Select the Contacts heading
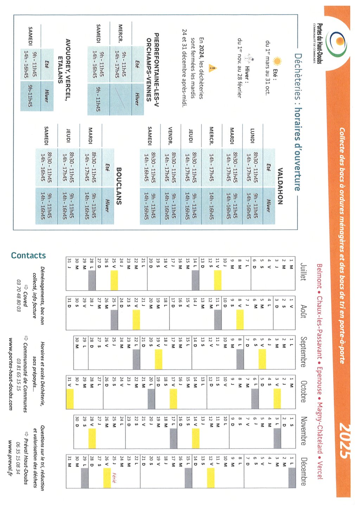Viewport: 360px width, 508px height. coord(28,255)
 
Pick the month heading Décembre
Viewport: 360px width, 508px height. coord(303,471)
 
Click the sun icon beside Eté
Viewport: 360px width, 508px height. coord(277,62)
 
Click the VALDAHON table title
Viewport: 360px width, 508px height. coord(280,186)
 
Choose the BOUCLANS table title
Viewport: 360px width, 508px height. coord(119,186)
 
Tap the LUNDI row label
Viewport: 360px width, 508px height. coord(252,135)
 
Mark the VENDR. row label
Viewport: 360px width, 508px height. coord(170,136)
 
